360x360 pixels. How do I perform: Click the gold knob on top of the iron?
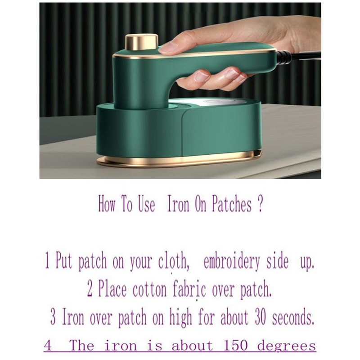[141, 42]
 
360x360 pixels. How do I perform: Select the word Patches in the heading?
[231, 204]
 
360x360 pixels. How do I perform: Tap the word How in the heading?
[107, 204]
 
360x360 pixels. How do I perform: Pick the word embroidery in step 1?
[232, 262]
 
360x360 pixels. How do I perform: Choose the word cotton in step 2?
[149, 290]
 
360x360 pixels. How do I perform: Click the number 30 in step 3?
[260, 318]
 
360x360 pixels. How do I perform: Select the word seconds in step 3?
[293, 318]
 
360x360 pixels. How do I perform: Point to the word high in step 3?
[180, 318]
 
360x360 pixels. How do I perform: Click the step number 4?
[48, 346]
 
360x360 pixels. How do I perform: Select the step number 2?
[90, 290]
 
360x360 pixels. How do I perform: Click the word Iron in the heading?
[178, 204]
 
